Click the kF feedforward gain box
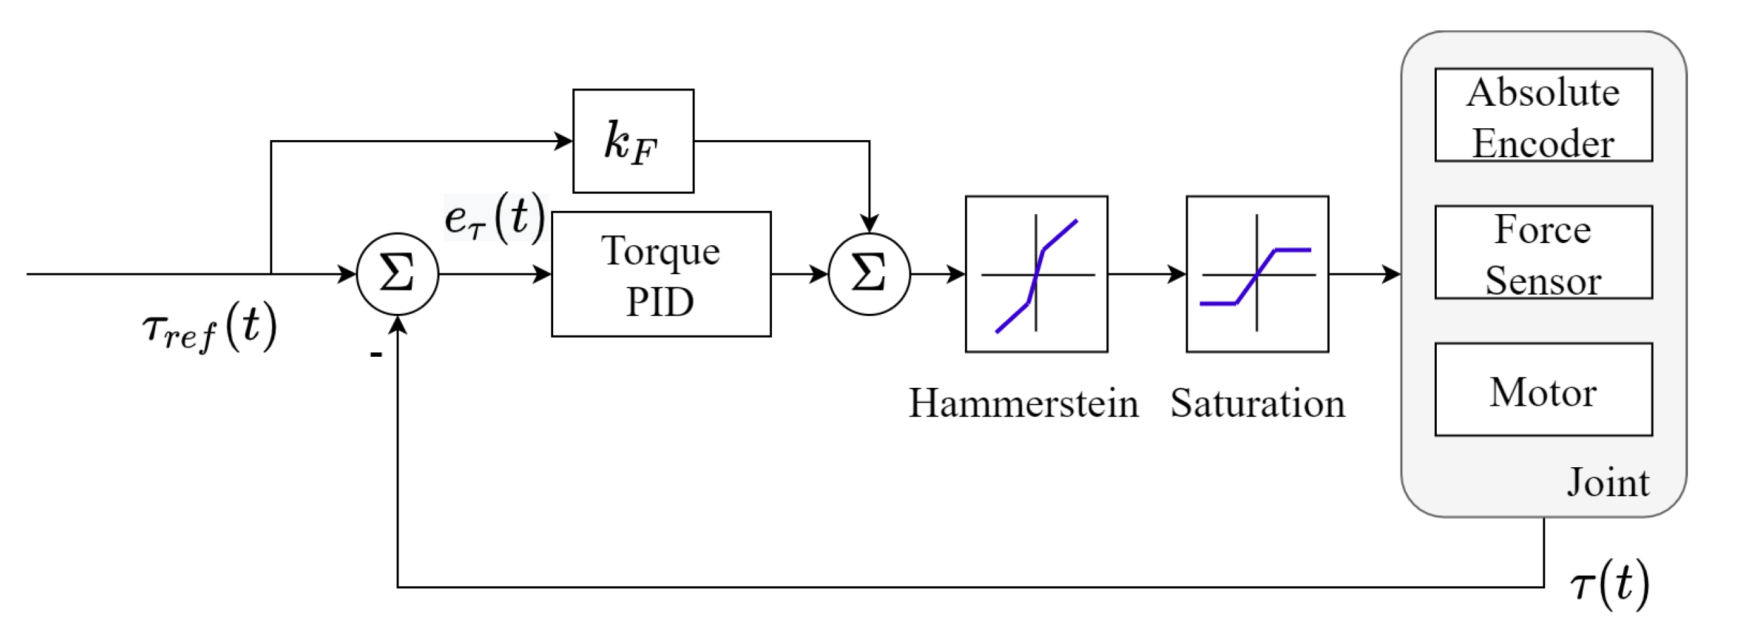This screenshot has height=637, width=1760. click(x=632, y=141)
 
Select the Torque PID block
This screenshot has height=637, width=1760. click(x=661, y=274)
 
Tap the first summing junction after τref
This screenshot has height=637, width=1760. click(x=397, y=274)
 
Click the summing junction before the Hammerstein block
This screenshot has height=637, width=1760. click(x=868, y=274)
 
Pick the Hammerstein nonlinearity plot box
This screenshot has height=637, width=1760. click(x=1036, y=274)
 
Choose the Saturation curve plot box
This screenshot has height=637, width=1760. click(x=1256, y=274)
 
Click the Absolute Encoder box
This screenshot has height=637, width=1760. click(x=1543, y=115)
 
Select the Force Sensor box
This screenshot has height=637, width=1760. click(x=1543, y=252)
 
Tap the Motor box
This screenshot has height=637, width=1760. click(x=1543, y=389)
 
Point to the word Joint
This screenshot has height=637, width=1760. click(x=1607, y=482)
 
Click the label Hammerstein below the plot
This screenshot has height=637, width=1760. click(x=1023, y=403)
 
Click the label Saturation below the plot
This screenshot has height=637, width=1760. click(x=1257, y=403)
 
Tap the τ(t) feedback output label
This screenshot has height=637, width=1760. click(x=1609, y=584)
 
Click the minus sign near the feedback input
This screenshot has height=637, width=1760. click(x=376, y=354)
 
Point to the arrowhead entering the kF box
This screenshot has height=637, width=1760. click(x=564, y=141)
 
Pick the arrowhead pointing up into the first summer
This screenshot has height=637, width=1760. click(x=397, y=325)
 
